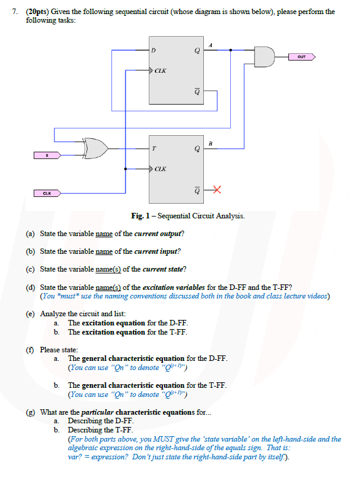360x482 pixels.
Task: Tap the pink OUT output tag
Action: tap(301, 57)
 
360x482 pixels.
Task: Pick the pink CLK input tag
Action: tap(47, 194)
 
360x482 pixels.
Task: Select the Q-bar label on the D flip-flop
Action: tap(197, 91)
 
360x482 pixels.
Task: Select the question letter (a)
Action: tap(30, 234)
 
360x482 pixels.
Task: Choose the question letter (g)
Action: tap(30, 412)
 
